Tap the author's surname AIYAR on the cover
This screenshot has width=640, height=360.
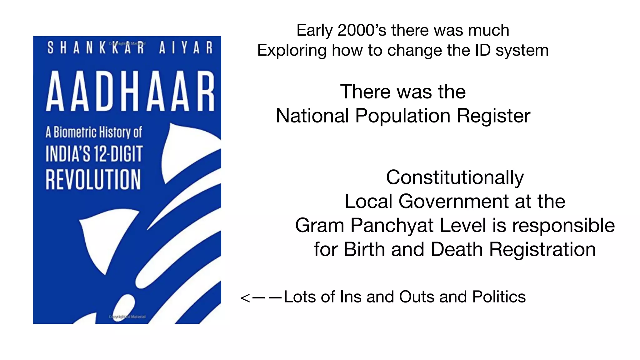(x=186, y=48)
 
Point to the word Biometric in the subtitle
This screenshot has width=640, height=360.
(x=75, y=132)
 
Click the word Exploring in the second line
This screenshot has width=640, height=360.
(x=292, y=50)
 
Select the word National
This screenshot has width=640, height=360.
(x=312, y=116)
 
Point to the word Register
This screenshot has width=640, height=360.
(x=493, y=116)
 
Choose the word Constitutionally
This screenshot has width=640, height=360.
(x=455, y=177)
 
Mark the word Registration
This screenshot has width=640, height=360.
(x=542, y=249)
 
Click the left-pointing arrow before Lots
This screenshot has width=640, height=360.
(x=261, y=297)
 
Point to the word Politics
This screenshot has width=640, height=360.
(x=499, y=297)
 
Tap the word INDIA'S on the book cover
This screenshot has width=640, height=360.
(x=68, y=154)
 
